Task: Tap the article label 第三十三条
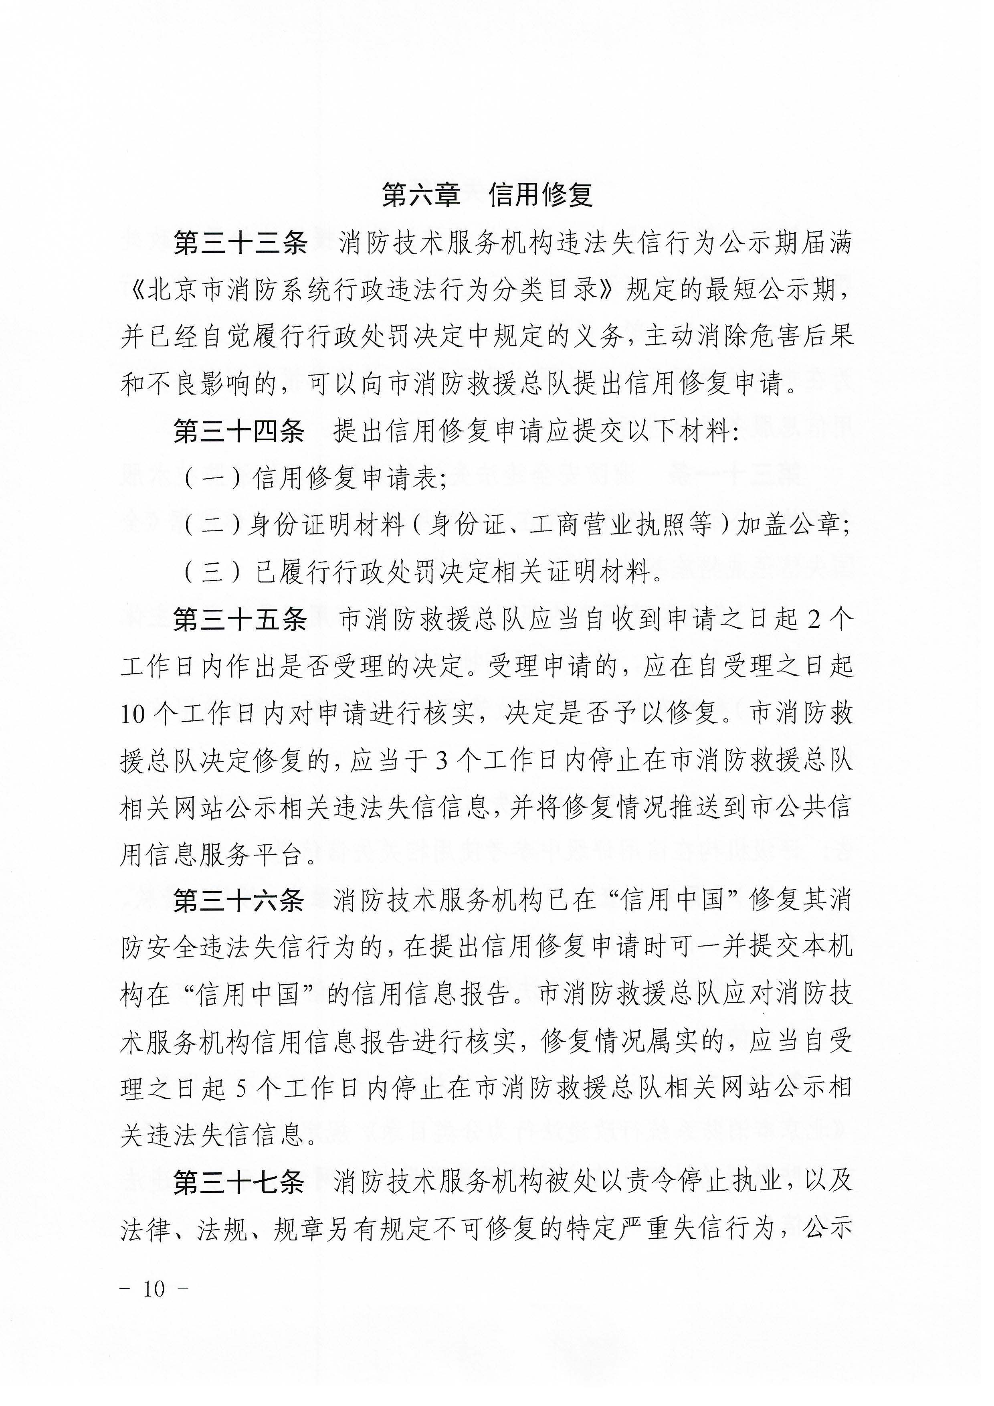[240, 243]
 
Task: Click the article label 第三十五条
[240, 620]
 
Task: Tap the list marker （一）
[212, 478]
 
